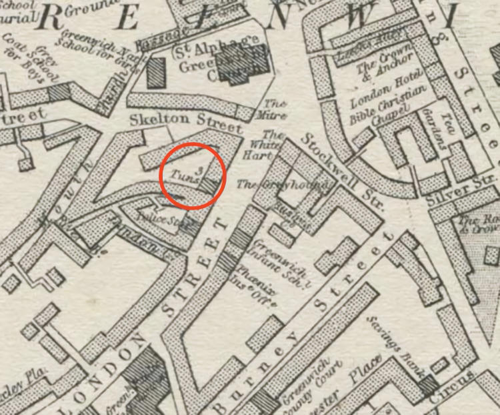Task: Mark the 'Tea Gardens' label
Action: (x=434, y=128)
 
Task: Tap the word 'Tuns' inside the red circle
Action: (x=180, y=175)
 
